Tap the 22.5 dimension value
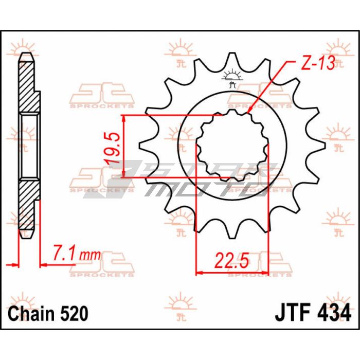click(232, 261)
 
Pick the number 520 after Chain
click(74, 314)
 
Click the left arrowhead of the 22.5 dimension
click(200, 273)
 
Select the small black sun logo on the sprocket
click(232, 78)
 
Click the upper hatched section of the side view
click(28, 87)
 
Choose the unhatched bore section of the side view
click(29, 146)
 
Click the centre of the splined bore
click(232, 146)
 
